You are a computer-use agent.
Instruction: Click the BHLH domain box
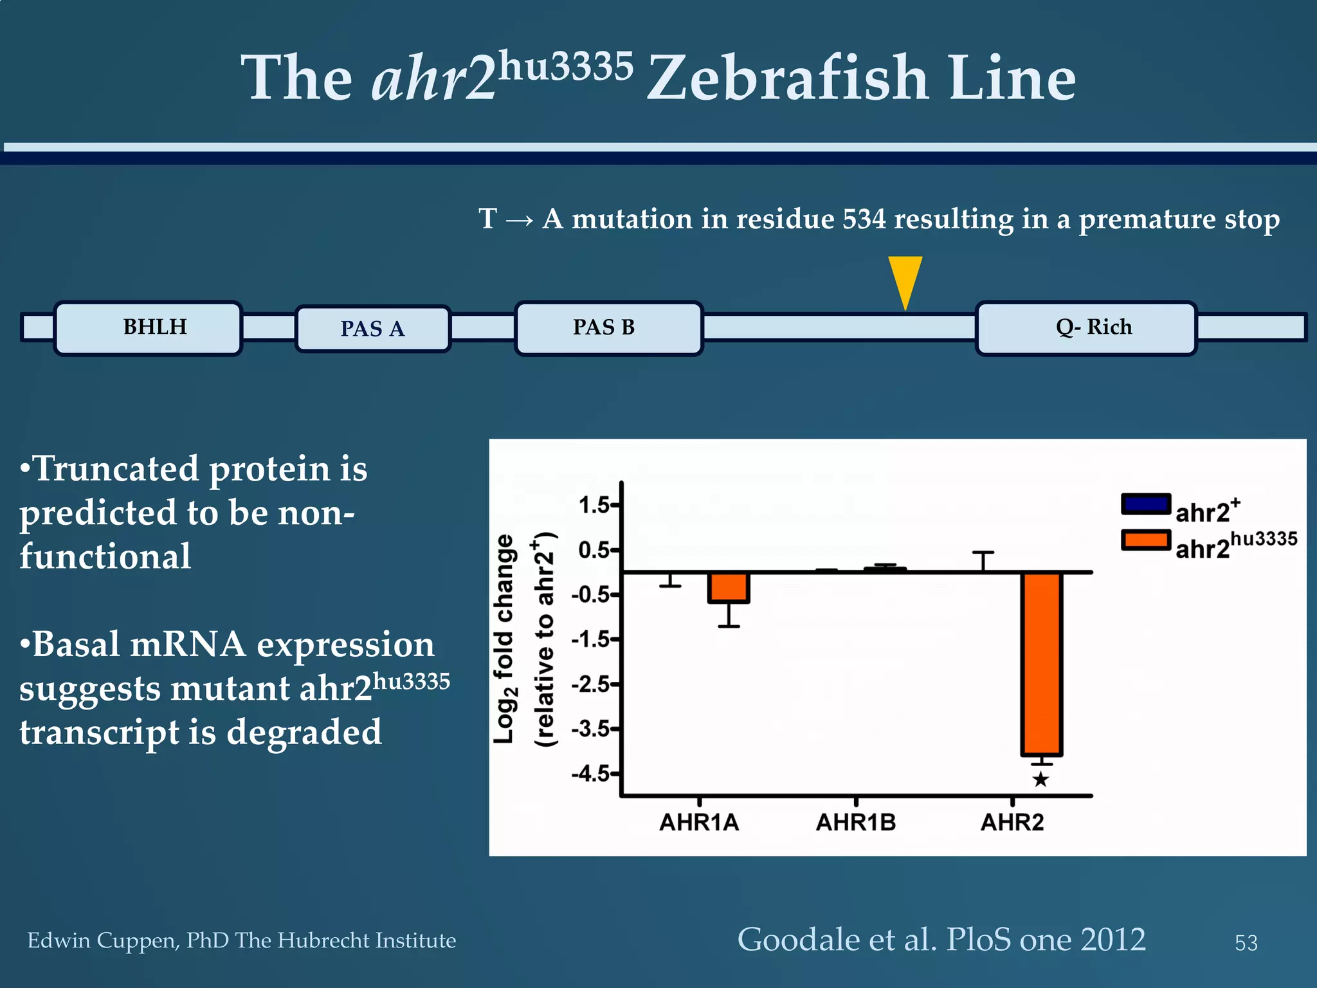point(149,328)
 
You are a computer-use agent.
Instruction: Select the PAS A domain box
point(373,329)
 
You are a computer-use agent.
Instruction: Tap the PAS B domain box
point(608,328)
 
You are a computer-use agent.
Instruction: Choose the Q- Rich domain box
point(1086,328)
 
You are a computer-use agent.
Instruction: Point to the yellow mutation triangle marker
point(905,279)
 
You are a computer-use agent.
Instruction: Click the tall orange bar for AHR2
point(1041,663)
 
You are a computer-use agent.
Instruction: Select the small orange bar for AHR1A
point(729,587)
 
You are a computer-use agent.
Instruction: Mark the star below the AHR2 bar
point(1040,780)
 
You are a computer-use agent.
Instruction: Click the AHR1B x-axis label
point(855,823)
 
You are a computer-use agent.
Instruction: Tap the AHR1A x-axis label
point(699,823)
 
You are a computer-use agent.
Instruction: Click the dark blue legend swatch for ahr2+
point(1145,504)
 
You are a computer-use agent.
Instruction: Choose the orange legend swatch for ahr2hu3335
point(1145,540)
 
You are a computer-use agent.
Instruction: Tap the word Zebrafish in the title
point(787,78)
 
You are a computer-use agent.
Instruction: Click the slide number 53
point(1246,943)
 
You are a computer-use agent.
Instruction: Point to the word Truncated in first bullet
point(116,469)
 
